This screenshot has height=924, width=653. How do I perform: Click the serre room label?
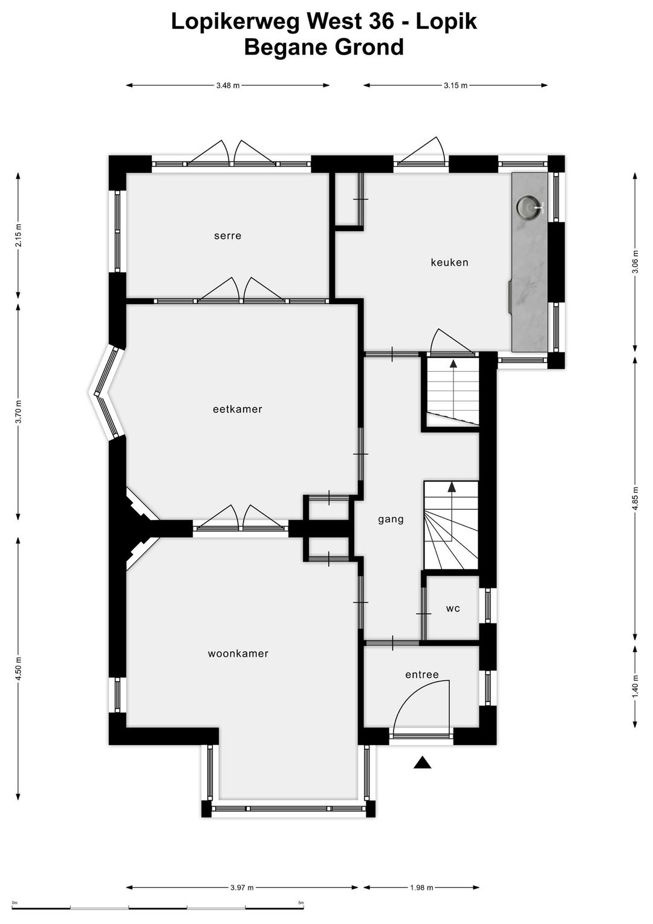pyautogui.click(x=227, y=236)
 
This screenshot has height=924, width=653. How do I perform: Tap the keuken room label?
pyautogui.click(x=449, y=262)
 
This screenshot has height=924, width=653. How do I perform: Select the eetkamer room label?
pyautogui.click(x=238, y=409)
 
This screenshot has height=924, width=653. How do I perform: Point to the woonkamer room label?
pyautogui.click(x=238, y=654)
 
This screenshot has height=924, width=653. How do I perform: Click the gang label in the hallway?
pyautogui.click(x=391, y=519)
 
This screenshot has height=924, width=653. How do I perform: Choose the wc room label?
pyautogui.click(x=453, y=608)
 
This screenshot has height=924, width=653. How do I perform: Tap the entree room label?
pyautogui.click(x=421, y=675)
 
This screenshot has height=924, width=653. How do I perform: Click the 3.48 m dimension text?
pyautogui.click(x=228, y=86)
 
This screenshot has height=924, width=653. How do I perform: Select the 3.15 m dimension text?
pyautogui.click(x=455, y=86)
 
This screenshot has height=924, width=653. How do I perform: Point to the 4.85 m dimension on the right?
pyautogui.click(x=635, y=499)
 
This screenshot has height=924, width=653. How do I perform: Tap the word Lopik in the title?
pyautogui.click(x=447, y=22)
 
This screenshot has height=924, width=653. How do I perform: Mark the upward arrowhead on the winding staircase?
pyautogui.click(x=452, y=487)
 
